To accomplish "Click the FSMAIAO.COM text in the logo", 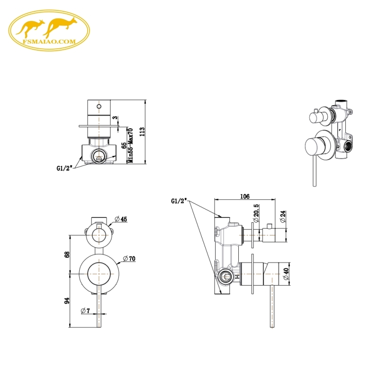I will click(49, 42).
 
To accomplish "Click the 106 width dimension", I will click(245, 196).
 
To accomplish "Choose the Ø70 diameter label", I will click(129, 258).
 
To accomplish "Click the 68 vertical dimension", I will click(67, 254).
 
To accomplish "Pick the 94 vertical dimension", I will click(67, 300).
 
